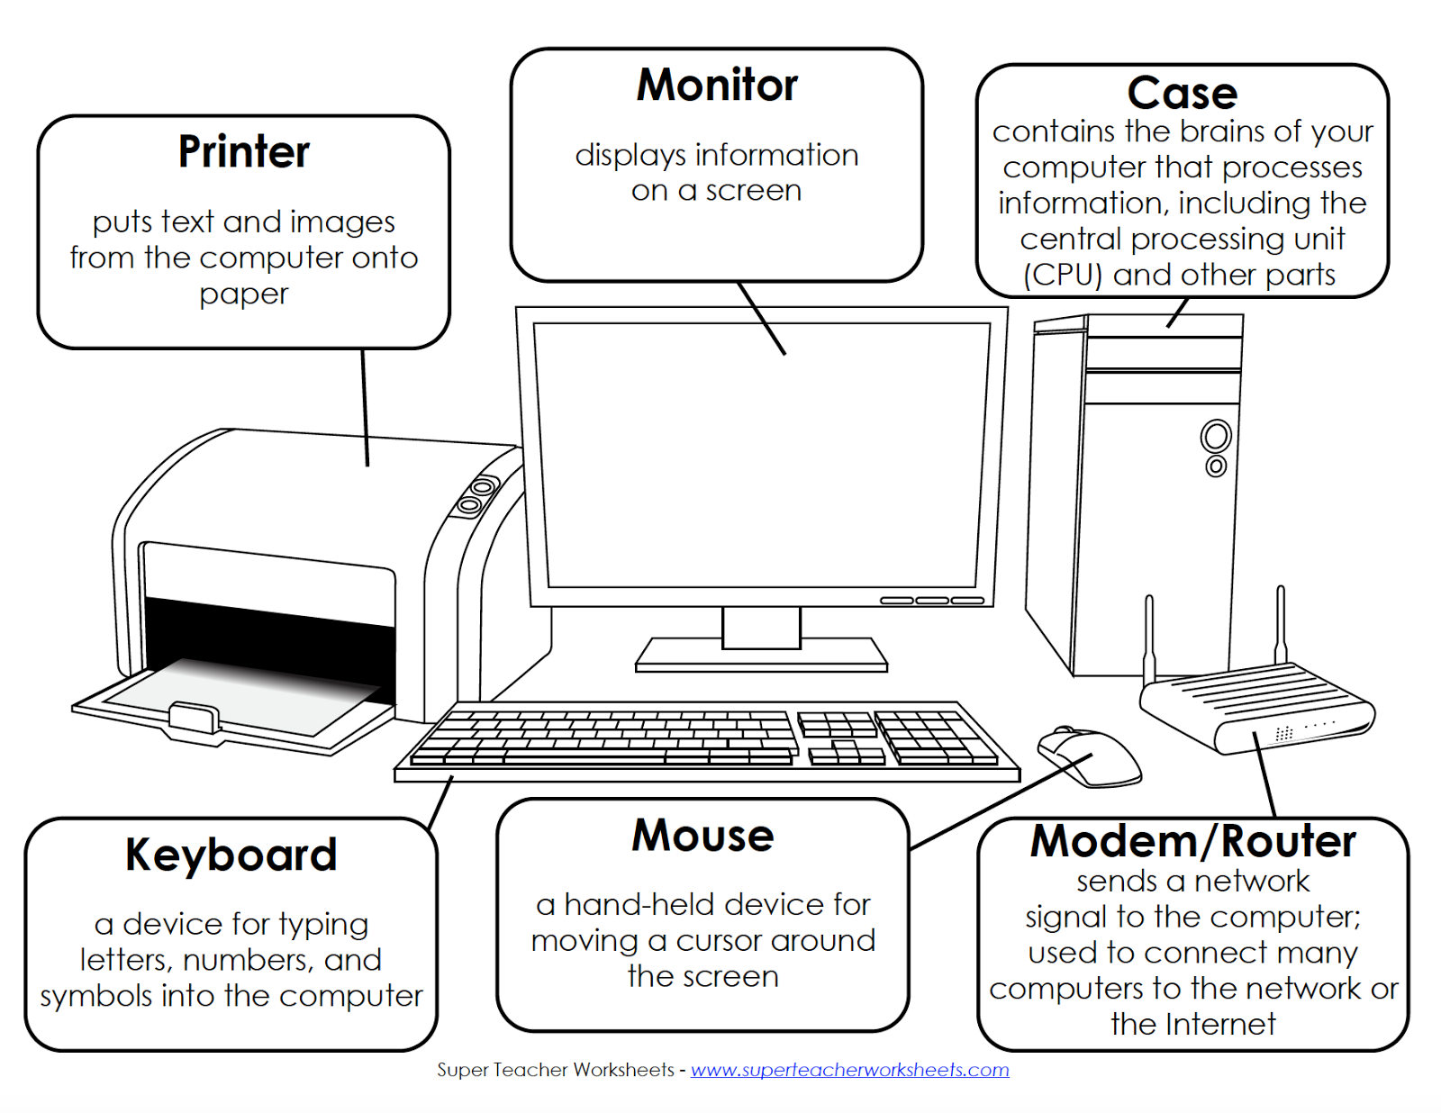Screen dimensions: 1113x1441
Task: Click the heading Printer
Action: (243, 151)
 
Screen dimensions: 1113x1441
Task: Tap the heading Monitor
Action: (717, 86)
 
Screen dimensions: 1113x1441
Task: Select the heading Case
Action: (1182, 93)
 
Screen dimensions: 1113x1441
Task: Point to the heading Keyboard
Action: (231, 855)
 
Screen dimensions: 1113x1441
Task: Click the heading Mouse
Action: (702, 836)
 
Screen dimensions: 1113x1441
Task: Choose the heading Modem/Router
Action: (1192, 841)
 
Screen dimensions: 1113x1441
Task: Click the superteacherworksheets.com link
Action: (849, 1070)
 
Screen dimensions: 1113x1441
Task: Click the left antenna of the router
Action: (1149, 639)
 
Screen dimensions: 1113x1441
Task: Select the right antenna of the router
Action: (1280, 626)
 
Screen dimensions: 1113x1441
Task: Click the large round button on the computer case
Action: (1215, 437)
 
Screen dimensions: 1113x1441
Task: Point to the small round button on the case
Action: (1215, 466)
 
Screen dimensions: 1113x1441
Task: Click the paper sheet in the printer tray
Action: (243, 698)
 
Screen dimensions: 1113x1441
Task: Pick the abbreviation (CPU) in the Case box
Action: (1063, 275)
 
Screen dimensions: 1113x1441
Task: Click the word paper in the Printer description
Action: (243, 294)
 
